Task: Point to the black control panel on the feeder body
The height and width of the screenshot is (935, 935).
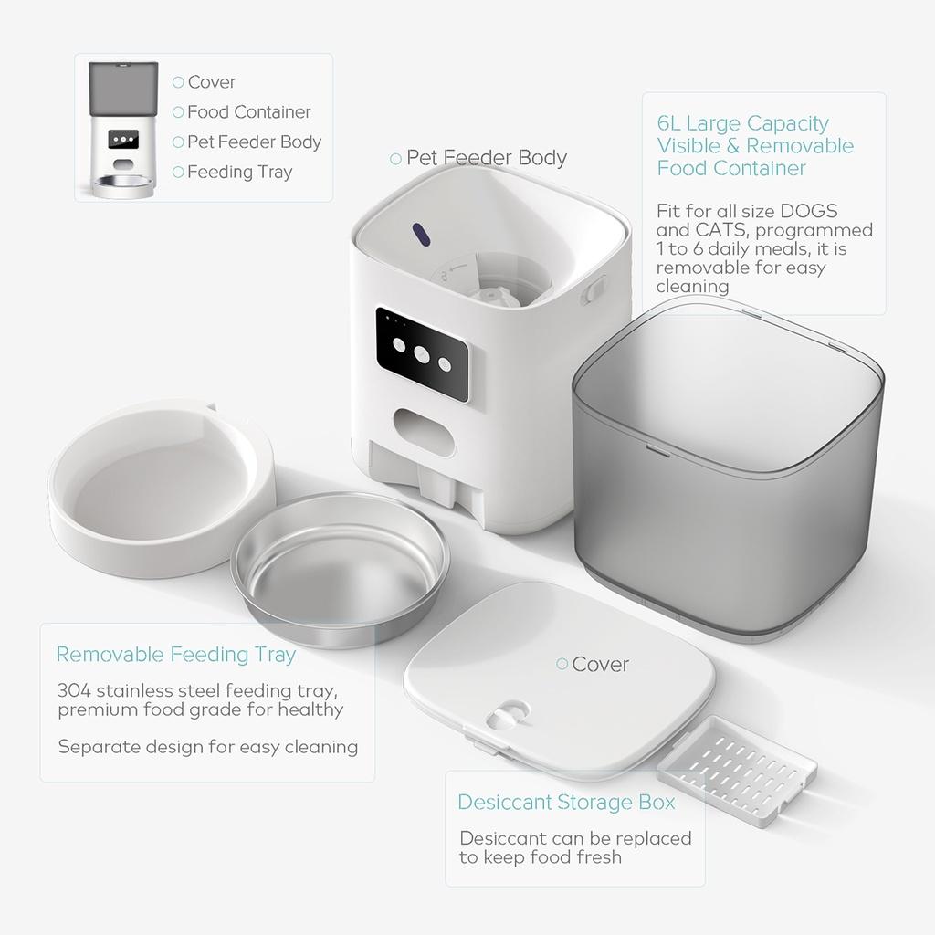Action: coord(422,353)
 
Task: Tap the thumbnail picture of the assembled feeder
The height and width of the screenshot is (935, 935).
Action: coord(123,128)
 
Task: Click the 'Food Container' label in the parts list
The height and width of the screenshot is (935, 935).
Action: coord(248,112)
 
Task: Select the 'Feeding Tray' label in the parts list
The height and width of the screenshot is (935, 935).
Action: coord(239,172)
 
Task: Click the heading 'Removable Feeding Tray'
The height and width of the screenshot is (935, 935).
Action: coord(176,655)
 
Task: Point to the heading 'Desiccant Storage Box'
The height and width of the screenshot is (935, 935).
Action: coord(566,803)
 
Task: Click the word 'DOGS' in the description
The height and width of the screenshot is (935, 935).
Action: coord(809,212)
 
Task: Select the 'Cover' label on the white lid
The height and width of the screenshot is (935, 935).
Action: coord(600,665)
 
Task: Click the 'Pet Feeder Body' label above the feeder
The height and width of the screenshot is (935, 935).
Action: coord(487,158)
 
